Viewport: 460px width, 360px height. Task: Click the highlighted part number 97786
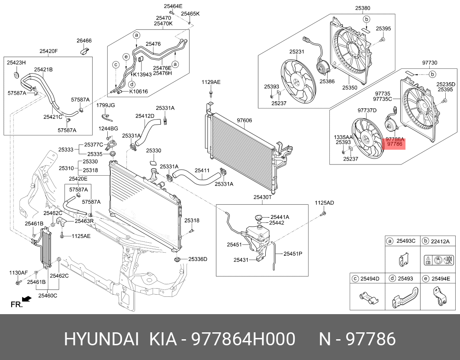click(x=394, y=145)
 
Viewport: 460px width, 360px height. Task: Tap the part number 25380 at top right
click(x=363, y=8)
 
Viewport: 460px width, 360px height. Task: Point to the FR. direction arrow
click(x=27, y=299)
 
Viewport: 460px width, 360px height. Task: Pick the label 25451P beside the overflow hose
click(x=293, y=254)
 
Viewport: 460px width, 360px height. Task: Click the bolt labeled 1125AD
click(x=323, y=214)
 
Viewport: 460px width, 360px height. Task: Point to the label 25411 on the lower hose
click(x=202, y=171)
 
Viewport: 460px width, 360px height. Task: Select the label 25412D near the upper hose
click(x=145, y=116)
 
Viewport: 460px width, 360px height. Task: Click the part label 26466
click(x=84, y=41)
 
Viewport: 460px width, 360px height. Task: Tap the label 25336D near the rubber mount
click(x=197, y=259)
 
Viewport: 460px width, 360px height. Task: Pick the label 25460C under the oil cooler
click(x=47, y=296)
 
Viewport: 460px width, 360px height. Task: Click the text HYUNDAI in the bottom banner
click(x=102, y=339)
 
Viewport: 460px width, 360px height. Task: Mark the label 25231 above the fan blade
click(x=297, y=52)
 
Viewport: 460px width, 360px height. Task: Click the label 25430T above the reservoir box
click(x=262, y=197)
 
